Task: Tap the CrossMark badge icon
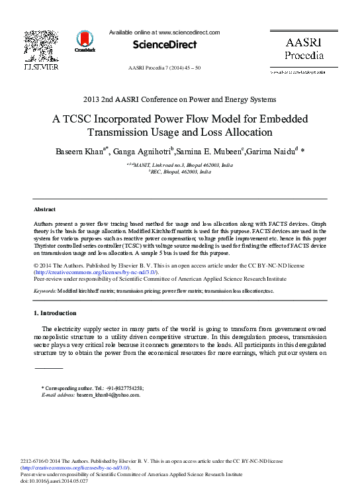[x=85, y=41]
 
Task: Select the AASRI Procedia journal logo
[x=304, y=48]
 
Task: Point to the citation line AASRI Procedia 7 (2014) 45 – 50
[x=164, y=68]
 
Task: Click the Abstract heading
[x=44, y=209]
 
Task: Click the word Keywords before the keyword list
[x=44, y=291]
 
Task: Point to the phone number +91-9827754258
[x=121, y=388]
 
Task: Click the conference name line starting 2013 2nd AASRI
[x=179, y=100]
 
